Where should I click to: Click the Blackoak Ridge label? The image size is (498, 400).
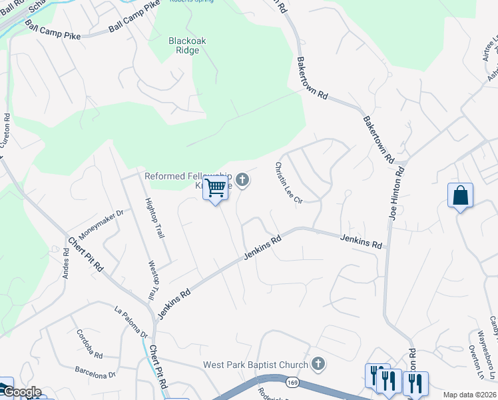click(187, 46)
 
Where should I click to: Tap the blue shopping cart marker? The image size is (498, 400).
click(215, 189)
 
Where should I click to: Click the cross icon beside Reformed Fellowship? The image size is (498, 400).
click(242, 179)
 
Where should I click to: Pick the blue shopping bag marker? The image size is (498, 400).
click(460, 196)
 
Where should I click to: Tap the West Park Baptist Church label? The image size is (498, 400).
click(256, 365)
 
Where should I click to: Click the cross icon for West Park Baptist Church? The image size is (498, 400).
click(318, 364)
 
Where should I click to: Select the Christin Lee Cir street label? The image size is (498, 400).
click(289, 183)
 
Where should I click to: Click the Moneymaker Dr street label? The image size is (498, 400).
click(101, 224)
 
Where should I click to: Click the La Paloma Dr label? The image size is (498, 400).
click(130, 321)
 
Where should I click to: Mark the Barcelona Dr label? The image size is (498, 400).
click(95, 371)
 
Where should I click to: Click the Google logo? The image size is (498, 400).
click(22, 392)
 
